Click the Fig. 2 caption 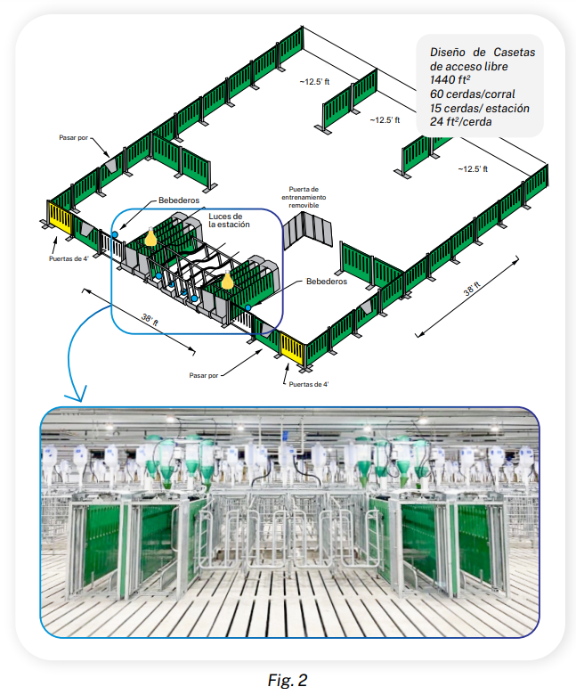288,680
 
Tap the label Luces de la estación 229,220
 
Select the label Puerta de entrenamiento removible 304,197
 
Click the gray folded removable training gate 308,230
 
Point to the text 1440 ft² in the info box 450,80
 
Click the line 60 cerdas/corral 473,94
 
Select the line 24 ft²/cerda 460,121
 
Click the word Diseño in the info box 448,53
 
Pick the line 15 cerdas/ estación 480,108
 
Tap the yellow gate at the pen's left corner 61,218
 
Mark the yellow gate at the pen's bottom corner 292,347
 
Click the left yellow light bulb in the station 150,237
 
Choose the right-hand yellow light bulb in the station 227,280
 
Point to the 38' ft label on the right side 472,289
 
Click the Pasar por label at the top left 74,138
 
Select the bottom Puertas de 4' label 309,384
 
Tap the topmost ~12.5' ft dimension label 314,82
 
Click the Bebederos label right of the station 327,282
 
